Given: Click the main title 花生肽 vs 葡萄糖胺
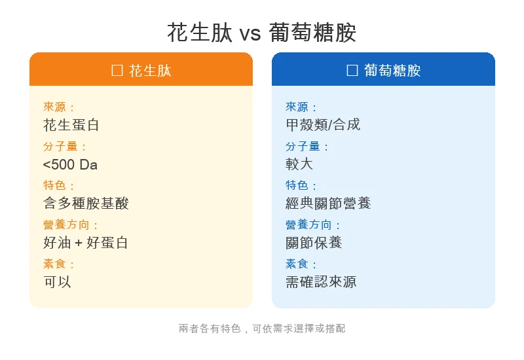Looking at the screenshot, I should pyautogui.click(x=262, y=32).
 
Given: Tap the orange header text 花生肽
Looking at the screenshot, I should pyautogui.click(x=150, y=70).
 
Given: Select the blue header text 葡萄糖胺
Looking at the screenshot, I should pyautogui.click(x=392, y=70).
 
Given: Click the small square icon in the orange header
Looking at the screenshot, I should pyautogui.click(x=117, y=70).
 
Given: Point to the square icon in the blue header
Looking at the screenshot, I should pyautogui.click(x=352, y=70).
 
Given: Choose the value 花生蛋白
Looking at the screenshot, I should pyautogui.click(x=71, y=124).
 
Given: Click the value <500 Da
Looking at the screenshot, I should pyautogui.click(x=70, y=164).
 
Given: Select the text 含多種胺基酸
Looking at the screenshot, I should pyautogui.click(x=86, y=203).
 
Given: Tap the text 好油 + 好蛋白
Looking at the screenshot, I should pyautogui.click(x=86, y=243).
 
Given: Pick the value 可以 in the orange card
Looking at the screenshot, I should pyautogui.click(x=57, y=281).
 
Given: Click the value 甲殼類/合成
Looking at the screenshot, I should pyautogui.click(x=323, y=124).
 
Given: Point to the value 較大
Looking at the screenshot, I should pyautogui.click(x=299, y=164).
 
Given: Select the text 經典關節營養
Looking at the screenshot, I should pyautogui.click(x=328, y=203).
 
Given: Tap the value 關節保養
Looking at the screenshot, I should pyautogui.click(x=314, y=243).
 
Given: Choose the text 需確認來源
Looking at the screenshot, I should pyautogui.click(x=321, y=281).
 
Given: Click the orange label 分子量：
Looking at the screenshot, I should pyautogui.click(x=65, y=147).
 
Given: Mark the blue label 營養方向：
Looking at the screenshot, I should pyautogui.click(x=314, y=225).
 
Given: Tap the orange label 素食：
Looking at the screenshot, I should pyautogui.click(x=60, y=264).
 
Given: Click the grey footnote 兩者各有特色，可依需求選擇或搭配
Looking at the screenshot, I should pyautogui.click(x=262, y=329).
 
